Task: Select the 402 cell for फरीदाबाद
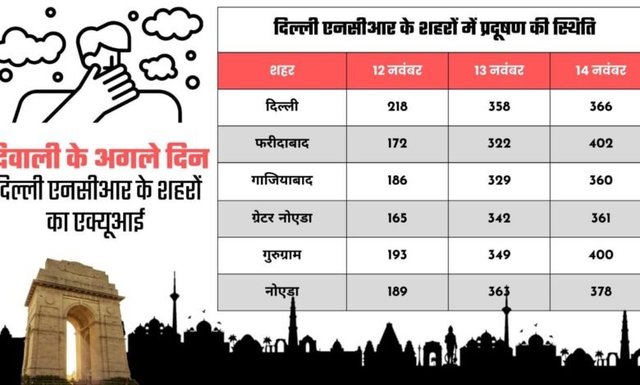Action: click(x=601, y=143)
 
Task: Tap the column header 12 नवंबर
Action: click(x=397, y=70)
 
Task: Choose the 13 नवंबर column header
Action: click(x=499, y=70)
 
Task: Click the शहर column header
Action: click(x=281, y=70)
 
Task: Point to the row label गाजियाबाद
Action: click(x=281, y=180)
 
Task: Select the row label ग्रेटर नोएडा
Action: click(x=281, y=218)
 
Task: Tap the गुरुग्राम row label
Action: click(x=281, y=255)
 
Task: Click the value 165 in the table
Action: click(x=397, y=218)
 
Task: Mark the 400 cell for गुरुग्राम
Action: click(x=601, y=255)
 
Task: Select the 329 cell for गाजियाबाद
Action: click(x=499, y=180)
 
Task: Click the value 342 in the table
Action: click(x=499, y=218)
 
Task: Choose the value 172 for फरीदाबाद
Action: click(x=397, y=143)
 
